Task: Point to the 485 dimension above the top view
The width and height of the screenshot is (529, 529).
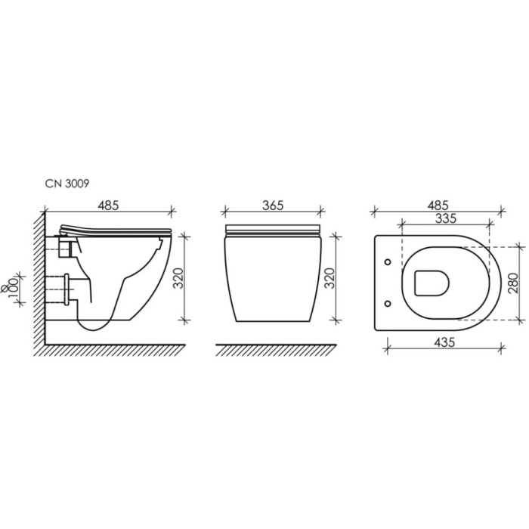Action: click(x=438, y=205)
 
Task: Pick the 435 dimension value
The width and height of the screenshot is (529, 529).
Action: click(x=444, y=342)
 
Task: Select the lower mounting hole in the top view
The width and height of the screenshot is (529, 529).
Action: click(x=388, y=305)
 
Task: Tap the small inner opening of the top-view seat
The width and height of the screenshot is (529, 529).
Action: click(x=432, y=283)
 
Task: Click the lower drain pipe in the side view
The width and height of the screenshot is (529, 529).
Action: click(x=60, y=288)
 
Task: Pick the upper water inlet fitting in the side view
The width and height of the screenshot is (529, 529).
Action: click(x=63, y=246)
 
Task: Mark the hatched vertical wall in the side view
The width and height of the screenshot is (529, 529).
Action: click(x=39, y=280)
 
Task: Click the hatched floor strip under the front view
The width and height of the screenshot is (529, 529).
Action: click(x=275, y=349)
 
